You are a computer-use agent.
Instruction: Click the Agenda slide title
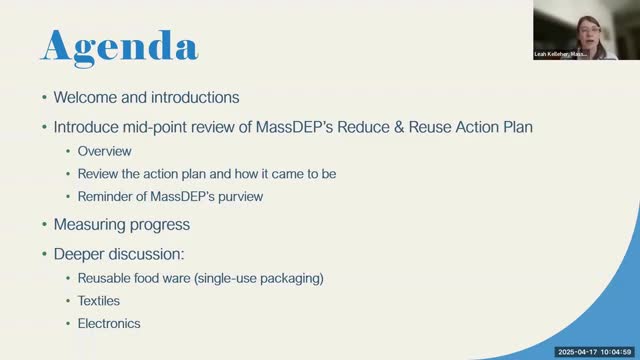point(120,47)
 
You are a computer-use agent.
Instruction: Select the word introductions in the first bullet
point(195,98)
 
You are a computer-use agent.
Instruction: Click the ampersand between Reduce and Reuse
point(399,127)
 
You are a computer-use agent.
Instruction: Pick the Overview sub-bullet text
point(104,151)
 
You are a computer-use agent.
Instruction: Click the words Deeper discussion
point(119,254)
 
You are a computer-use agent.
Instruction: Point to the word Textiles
point(99,301)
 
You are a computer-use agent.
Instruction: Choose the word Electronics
point(109,324)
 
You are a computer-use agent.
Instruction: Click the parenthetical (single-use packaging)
point(259,279)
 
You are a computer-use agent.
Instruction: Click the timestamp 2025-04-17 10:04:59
point(595,352)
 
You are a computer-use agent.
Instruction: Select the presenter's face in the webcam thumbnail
point(589,33)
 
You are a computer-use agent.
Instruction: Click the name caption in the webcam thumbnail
point(560,54)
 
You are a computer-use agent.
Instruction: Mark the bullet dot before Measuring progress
point(44,224)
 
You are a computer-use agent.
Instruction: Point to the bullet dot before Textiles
point(68,301)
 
